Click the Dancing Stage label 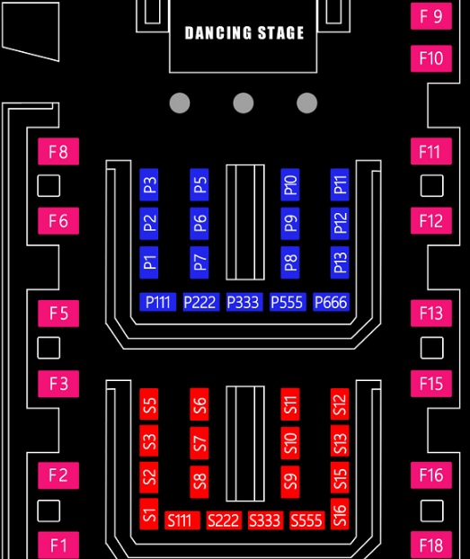(x=244, y=32)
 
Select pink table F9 (x=431, y=16)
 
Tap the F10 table (x=431, y=58)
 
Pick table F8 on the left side (x=58, y=151)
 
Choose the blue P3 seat (x=149, y=184)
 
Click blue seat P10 (x=290, y=184)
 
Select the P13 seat (x=340, y=262)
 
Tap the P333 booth (x=244, y=302)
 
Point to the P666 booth (x=331, y=302)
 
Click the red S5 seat (x=149, y=404)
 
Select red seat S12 (x=340, y=404)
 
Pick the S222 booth (x=224, y=520)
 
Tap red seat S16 (x=340, y=514)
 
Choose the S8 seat (x=200, y=482)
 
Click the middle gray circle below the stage (x=244, y=103)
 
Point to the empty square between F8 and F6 (x=49, y=186)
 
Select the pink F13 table (x=431, y=314)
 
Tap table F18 (x=431, y=546)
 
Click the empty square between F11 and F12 (x=432, y=186)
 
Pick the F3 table (x=58, y=384)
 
